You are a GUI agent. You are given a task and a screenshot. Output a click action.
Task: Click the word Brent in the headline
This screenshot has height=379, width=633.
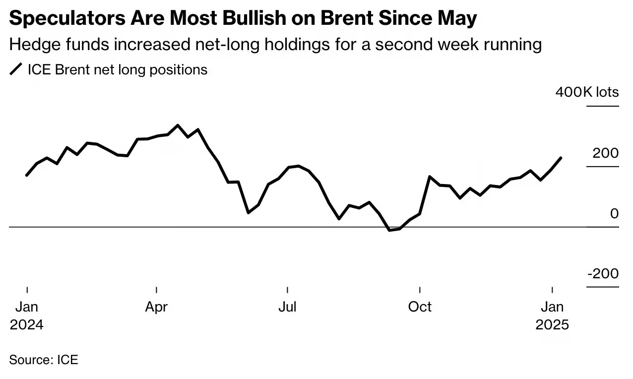pos(346,18)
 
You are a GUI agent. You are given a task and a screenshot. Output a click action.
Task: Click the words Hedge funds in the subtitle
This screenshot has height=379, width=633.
pos(59,44)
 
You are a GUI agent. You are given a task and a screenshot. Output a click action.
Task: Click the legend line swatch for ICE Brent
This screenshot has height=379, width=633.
pos(16,69)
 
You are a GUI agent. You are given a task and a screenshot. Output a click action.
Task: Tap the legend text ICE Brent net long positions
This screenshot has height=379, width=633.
pos(118,70)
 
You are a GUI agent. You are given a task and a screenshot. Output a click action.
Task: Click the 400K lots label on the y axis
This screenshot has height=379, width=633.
pos(587,92)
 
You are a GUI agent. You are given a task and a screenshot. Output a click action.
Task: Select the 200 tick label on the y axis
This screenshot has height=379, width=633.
pos(606,153)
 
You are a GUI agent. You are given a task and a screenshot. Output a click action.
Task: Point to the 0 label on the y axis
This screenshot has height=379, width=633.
pos(614,214)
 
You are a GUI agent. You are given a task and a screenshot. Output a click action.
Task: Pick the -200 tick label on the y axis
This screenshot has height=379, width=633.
pos(603,273)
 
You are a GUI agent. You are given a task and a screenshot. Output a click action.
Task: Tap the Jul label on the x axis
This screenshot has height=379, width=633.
pos(287,307)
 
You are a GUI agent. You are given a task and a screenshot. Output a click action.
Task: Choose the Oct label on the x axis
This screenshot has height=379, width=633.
pos(420,307)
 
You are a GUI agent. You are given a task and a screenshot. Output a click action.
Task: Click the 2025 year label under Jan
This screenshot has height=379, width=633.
pos(552,325)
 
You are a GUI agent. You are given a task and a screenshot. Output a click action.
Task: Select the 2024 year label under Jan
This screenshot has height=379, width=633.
pos(27,325)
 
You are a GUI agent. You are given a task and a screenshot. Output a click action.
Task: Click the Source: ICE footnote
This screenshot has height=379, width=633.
pos(44,360)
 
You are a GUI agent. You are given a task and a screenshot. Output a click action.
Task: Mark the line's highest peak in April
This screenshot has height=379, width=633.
pos(178,125)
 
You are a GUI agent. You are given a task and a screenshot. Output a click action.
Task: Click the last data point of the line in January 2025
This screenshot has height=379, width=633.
pos(561,158)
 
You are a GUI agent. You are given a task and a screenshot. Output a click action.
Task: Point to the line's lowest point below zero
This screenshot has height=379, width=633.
pos(390,230)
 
